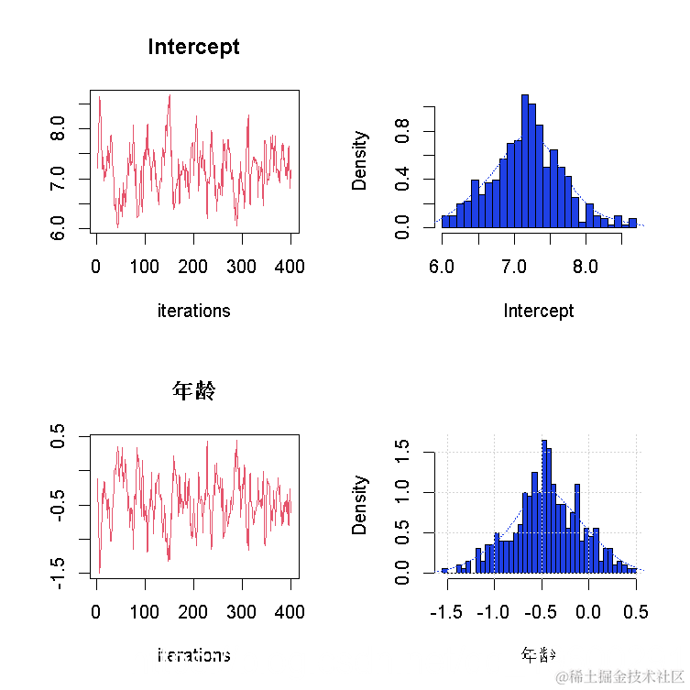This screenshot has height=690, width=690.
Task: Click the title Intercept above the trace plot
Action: [193, 47]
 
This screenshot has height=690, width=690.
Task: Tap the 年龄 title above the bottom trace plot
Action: [193, 391]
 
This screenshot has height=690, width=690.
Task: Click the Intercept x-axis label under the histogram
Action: [539, 311]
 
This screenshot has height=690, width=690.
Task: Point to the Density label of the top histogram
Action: [360, 160]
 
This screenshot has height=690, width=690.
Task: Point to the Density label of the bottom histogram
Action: [360, 504]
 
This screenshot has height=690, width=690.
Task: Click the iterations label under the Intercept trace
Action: [193, 311]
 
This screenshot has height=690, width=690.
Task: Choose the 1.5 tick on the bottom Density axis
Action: [402, 452]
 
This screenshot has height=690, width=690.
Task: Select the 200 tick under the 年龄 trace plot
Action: [193, 611]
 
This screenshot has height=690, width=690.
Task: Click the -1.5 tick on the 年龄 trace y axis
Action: [58, 573]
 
